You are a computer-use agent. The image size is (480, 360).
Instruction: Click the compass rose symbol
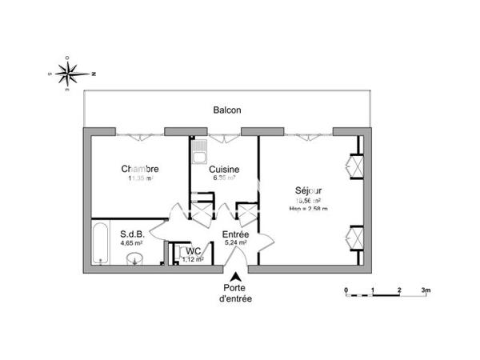tap(70, 72)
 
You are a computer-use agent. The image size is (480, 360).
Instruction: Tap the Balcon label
tap(227, 110)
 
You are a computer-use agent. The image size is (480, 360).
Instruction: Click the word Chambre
tap(140, 169)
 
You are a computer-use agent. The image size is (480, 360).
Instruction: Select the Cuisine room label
tap(224, 169)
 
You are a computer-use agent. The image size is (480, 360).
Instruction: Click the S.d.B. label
tap(132, 234)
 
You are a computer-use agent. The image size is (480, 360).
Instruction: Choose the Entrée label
tap(235, 234)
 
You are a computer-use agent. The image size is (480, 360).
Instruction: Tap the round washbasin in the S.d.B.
tap(136, 257)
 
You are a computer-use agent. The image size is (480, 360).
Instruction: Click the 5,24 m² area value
tap(235, 242)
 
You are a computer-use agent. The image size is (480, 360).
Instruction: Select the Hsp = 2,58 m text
tap(309, 209)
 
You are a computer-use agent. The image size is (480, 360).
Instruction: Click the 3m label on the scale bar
tap(426, 289)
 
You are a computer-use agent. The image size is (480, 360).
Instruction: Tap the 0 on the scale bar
tap(346, 289)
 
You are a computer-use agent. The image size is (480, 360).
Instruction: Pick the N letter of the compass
tap(94, 73)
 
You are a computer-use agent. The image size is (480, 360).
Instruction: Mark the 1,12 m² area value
tap(192, 258)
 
